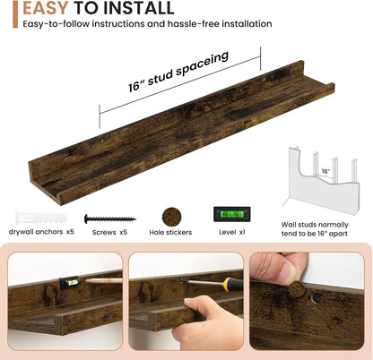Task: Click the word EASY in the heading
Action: (46, 8)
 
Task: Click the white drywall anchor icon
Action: (41, 218)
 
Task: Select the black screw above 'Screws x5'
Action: (110, 219)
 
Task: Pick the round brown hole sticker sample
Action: (171, 217)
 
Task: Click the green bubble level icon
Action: (232, 214)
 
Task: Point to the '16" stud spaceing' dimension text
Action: (178, 72)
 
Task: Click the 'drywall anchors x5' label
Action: (41, 232)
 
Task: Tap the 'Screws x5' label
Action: (109, 232)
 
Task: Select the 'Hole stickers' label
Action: (170, 232)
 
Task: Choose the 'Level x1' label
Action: (232, 232)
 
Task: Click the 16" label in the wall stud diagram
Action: (325, 171)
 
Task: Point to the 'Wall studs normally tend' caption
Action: (315, 229)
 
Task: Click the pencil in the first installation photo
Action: (104, 280)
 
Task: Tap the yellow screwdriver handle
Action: (233, 285)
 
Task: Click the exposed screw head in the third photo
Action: (316, 297)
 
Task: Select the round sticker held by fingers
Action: (297, 289)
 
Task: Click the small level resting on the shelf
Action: (70, 283)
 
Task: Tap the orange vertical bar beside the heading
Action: (15, 14)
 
